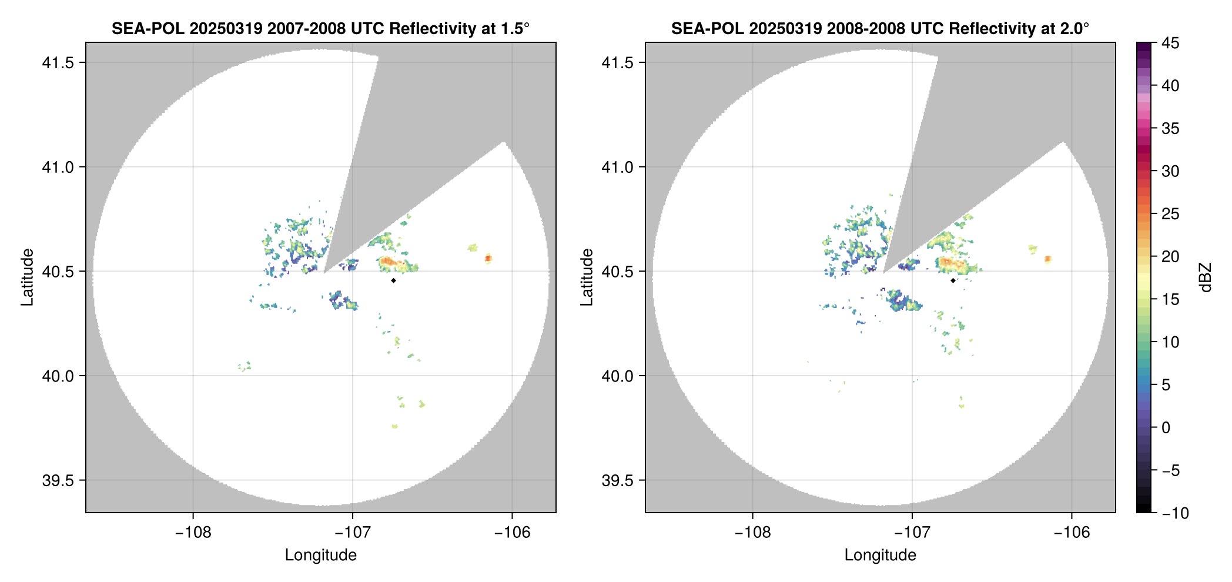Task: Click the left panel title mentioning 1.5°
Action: [x=320, y=28]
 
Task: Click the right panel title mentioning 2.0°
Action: [x=880, y=28]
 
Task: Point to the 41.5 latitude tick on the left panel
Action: [x=58, y=63]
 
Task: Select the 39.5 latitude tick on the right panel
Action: [x=617, y=480]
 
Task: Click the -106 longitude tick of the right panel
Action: [x=1072, y=533]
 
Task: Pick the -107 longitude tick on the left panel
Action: [x=353, y=533]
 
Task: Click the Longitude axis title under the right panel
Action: [x=880, y=555]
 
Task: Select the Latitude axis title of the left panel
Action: [x=27, y=277]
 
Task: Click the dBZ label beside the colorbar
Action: [x=1206, y=277]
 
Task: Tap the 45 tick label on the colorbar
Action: [x=1170, y=43]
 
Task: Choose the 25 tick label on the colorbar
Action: [x=1170, y=214]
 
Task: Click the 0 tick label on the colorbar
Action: [x=1166, y=428]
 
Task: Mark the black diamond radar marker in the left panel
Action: [x=393, y=280]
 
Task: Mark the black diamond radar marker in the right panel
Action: [x=953, y=280]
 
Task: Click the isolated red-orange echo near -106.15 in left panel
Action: [x=488, y=258]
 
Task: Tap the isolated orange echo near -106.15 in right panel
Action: [x=1048, y=259]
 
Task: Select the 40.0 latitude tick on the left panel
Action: [x=58, y=376]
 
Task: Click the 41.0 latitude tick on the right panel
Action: [x=617, y=168]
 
